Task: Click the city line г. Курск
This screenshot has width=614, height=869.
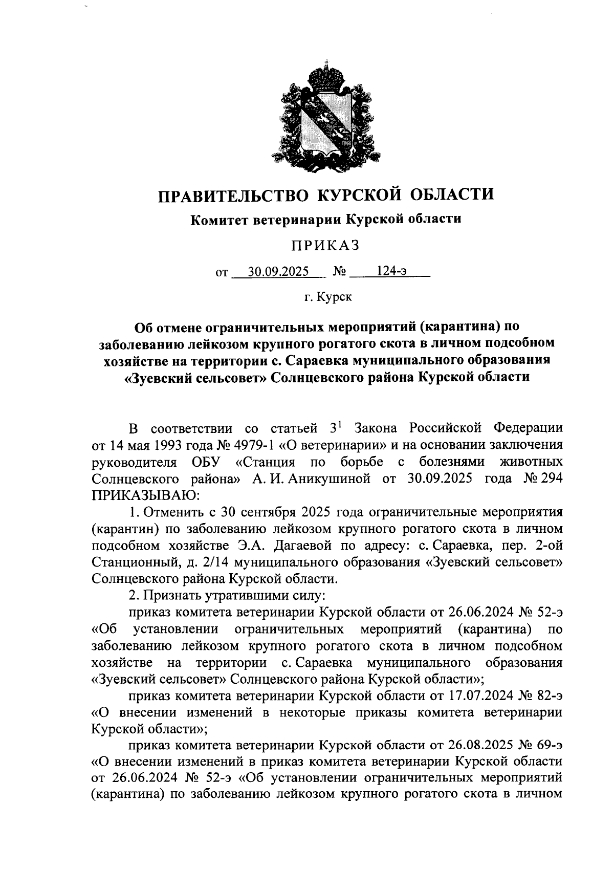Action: point(328,296)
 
